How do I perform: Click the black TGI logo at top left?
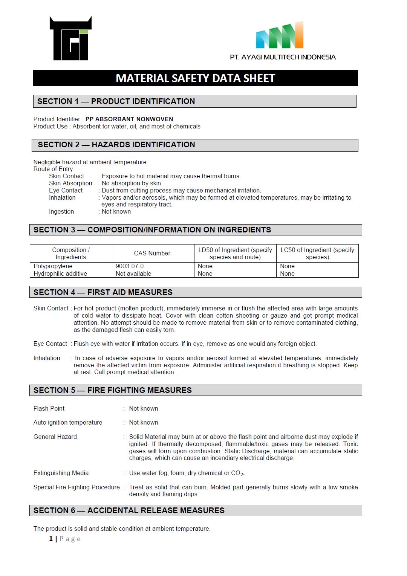tap(70, 38)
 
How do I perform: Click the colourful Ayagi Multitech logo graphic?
tap(280, 36)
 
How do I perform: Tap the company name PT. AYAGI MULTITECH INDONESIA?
tap(283, 57)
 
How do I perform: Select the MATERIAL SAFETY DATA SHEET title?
tap(195, 78)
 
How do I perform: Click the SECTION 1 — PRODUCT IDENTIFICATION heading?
tap(116, 101)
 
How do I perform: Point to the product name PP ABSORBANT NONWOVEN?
tap(129, 119)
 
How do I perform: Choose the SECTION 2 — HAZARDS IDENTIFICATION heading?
tap(116, 145)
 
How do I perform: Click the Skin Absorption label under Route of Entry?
tap(70, 183)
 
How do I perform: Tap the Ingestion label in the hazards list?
tap(61, 212)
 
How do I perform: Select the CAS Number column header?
tap(152, 254)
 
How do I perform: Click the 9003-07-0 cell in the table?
tap(130, 266)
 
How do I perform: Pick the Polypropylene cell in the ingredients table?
tap(53, 266)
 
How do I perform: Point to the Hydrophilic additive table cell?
tap(60, 274)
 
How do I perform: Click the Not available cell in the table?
tap(133, 274)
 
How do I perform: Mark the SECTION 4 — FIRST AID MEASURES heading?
tap(103, 292)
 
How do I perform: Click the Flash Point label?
tap(49, 409)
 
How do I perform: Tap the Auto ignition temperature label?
tap(68, 423)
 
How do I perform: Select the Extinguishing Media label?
tap(61, 473)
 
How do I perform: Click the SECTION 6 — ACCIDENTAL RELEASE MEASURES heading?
tap(129, 510)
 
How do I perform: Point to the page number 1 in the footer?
tap(51, 539)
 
